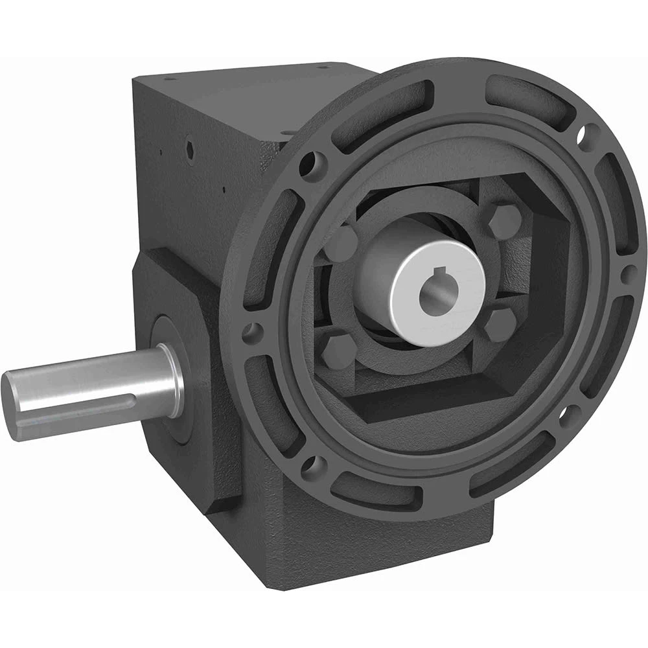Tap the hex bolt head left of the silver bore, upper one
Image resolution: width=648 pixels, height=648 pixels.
point(341,242)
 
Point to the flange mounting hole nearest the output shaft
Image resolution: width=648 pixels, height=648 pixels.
point(250,333)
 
